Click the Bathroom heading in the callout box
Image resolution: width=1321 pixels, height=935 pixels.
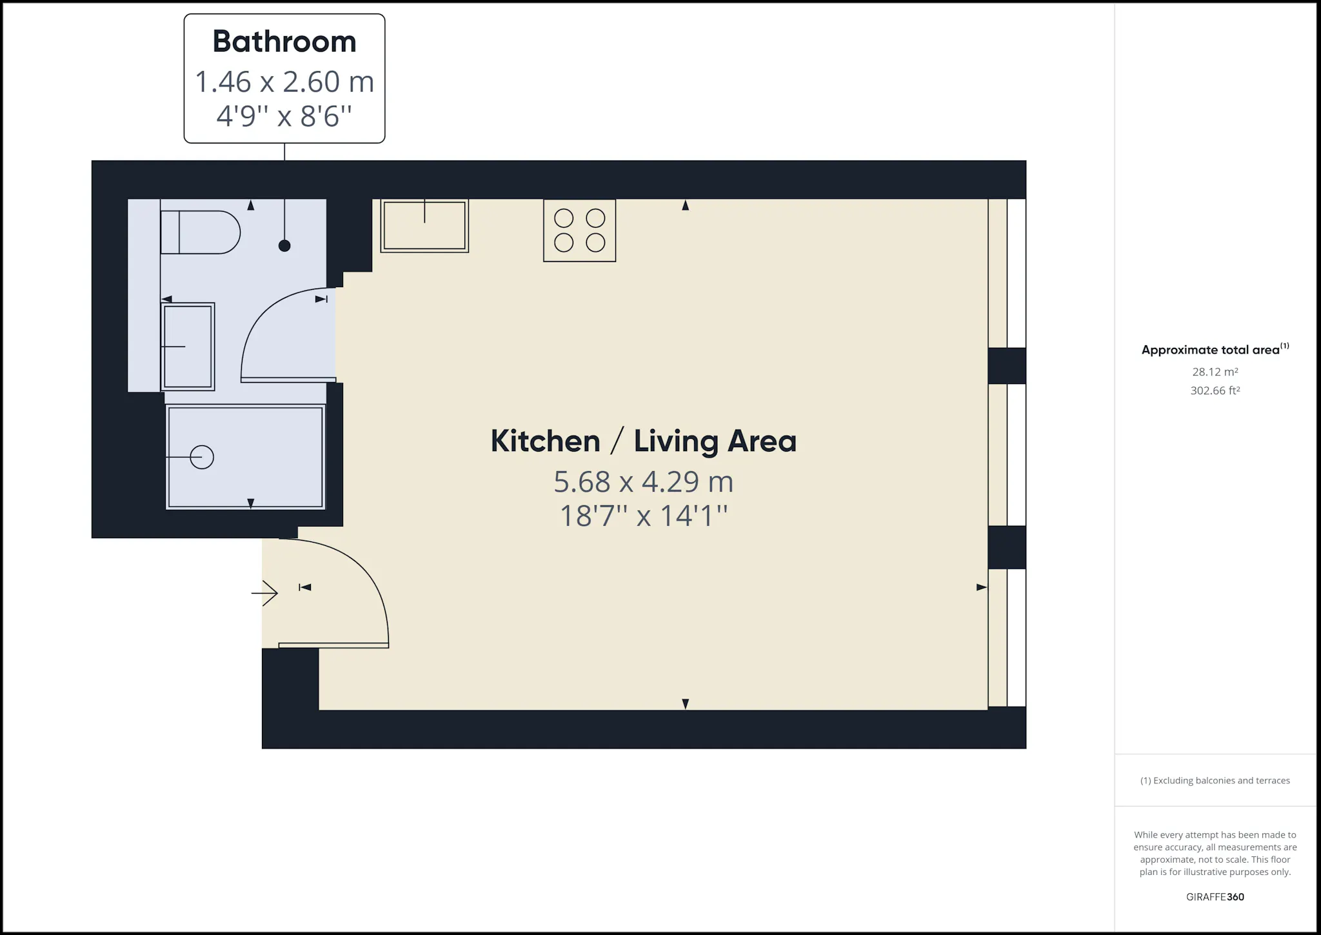[284, 42]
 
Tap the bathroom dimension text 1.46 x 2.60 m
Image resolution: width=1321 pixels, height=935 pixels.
[284, 82]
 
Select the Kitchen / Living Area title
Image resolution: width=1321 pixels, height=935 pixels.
[644, 441]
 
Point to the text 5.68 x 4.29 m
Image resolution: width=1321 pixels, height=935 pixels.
[644, 482]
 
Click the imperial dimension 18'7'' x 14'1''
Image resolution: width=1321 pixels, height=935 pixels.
[644, 516]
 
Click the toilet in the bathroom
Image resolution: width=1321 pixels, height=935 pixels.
[200, 232]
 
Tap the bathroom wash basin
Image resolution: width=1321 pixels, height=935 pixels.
[188, 347]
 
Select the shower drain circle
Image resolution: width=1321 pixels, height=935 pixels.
[202, 457]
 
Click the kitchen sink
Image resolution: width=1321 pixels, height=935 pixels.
[424, 225]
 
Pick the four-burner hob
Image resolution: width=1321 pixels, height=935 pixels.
[580, 230]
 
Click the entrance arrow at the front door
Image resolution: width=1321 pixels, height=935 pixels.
[264, 592]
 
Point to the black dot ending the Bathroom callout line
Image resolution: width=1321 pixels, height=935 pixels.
[284, 246]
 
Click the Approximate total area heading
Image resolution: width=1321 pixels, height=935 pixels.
[1215, 350]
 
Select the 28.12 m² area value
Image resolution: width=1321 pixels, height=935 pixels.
[1215, 372]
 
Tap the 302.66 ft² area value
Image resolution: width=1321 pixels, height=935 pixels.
[1215, 390]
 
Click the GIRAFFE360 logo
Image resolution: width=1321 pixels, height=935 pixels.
[1215, 897]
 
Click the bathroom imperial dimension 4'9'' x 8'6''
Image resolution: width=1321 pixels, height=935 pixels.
[284, 117]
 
